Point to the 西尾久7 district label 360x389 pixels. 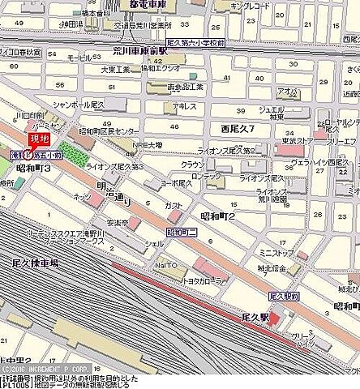coord(238,129)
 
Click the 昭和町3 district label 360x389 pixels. coord(33,168)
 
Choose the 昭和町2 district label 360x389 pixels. coord(216,217)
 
